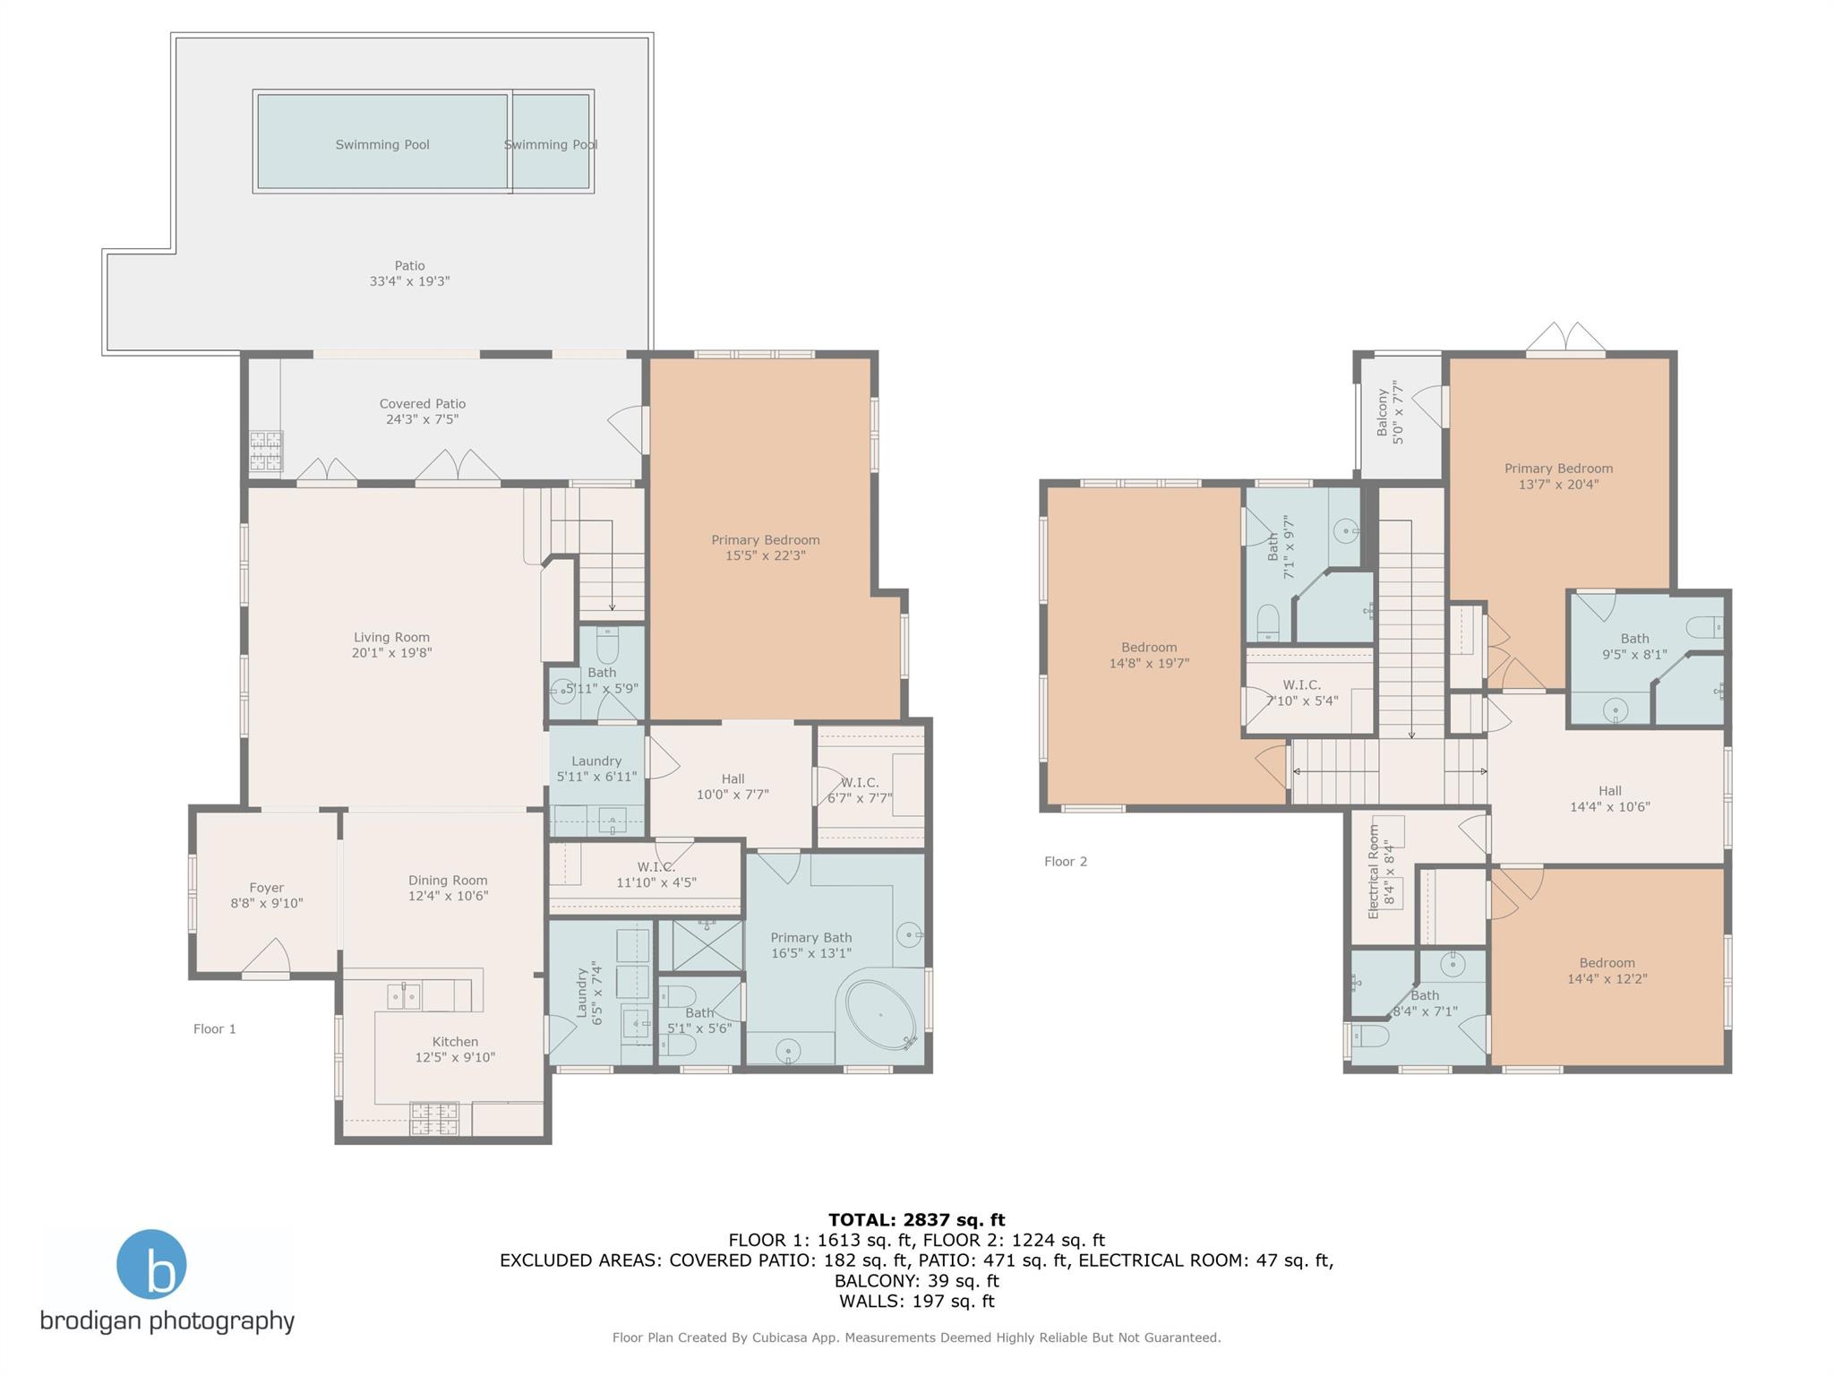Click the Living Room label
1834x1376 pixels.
(391, 638)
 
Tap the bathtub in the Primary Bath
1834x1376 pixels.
(880, 1016)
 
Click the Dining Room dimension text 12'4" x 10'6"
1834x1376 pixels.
(448, 896)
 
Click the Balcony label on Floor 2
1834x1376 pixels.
(1383, 412)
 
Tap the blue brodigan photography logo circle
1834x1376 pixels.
(151, 1264)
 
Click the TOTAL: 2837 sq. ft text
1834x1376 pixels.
(916, 1219)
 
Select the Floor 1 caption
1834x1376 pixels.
(215, 1028)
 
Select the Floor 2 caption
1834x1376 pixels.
(1066, 861)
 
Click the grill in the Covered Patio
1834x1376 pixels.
(266, 451)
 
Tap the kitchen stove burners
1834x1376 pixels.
(434, 1118)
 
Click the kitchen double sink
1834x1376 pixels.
(403, 995)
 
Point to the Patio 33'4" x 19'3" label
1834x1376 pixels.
(409, 273)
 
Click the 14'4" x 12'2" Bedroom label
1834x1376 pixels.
(1607, 971)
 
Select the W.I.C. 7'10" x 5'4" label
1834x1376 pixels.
(1302, 692)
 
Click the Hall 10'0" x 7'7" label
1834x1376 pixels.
(733, 787)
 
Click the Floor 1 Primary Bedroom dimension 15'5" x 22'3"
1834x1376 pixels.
(766, 555)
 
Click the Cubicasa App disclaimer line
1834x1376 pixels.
(916, 1337)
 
